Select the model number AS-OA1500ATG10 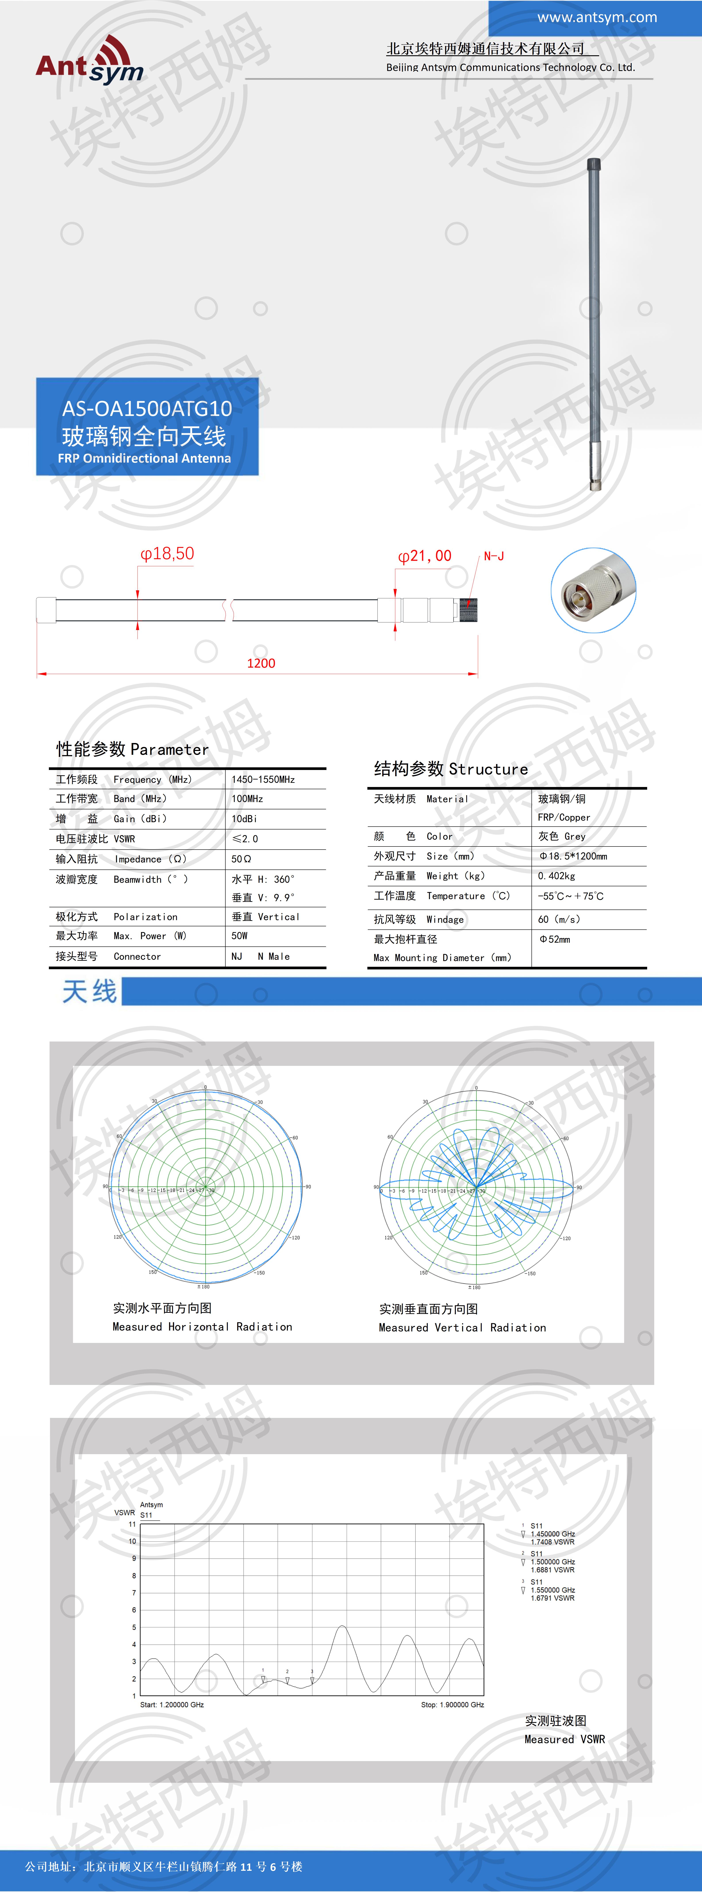pos(147,408)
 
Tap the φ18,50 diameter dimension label pos(167,554)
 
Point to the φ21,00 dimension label pos(424,556)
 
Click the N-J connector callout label pos(493,556)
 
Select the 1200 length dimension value pos(261,663)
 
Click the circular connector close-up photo pos(593,590)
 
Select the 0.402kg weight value pos(556,875)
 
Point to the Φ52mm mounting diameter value pos(554,939)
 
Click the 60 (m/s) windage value pos(559,919)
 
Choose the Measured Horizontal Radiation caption pos(202,1326)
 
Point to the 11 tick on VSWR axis pos(132,1524)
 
